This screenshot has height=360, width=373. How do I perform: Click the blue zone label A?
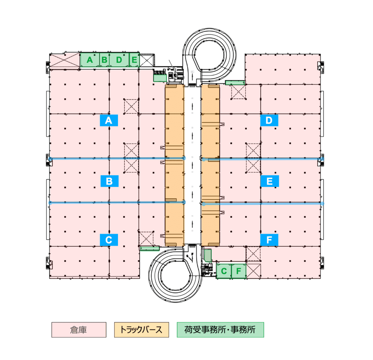point(109,120)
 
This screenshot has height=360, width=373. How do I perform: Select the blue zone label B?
point(109,181)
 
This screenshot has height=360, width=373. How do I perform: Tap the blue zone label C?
point(109,240)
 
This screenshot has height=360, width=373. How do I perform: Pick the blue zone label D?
point(269,120)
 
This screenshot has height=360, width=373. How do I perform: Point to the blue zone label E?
point(269,181)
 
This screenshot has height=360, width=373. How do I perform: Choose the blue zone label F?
point(269,240)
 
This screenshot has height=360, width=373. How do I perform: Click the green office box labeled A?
point(90,60)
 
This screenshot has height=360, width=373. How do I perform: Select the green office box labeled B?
point(104,60)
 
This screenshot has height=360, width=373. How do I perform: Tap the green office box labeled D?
point(119,60)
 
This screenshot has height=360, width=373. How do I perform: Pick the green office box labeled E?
point(134,60)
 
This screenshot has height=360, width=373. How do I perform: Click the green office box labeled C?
point(224,271)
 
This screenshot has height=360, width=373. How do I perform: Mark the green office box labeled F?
point(239,271)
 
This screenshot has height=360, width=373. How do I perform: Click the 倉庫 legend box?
point(79,330)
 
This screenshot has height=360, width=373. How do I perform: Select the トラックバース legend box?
point(141,330)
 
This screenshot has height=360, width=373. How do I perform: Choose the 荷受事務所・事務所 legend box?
point(220,330)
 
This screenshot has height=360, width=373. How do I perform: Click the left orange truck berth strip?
point(175,165)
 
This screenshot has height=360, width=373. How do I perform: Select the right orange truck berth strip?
point(210,165)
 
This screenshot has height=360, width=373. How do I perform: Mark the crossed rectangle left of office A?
point(65,60)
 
